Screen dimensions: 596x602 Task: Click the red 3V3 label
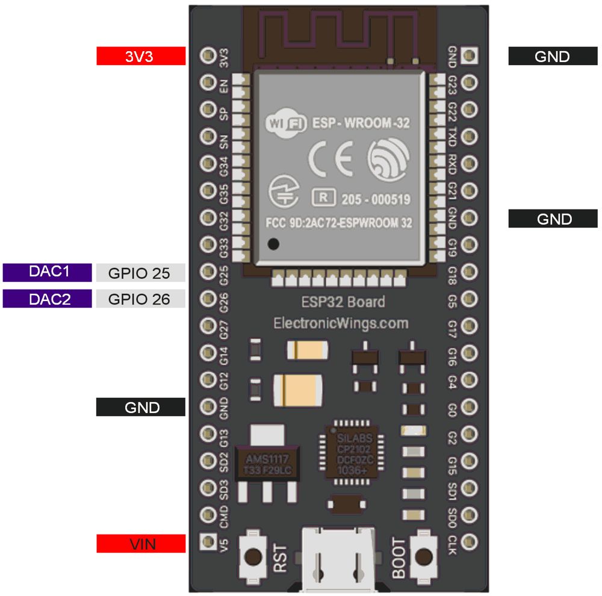pos(141,56)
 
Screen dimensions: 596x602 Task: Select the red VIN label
pos(141,544)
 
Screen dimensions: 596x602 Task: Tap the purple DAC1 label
pos(48,272)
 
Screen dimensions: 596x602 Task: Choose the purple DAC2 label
pos(48,299)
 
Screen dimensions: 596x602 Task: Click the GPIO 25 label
pos(140,273)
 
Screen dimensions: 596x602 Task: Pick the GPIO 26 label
pos(140,299)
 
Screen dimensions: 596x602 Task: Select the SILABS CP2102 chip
pos(352,452)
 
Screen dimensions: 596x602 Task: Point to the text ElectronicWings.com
pos(340,323)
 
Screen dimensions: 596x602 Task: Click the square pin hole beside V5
pos(208,541)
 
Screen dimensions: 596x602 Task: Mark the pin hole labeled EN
pos(208,82)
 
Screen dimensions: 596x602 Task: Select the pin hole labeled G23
pos(469,82)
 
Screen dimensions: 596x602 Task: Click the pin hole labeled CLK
pos(469,541)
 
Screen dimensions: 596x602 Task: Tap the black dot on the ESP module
pos(273,245)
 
